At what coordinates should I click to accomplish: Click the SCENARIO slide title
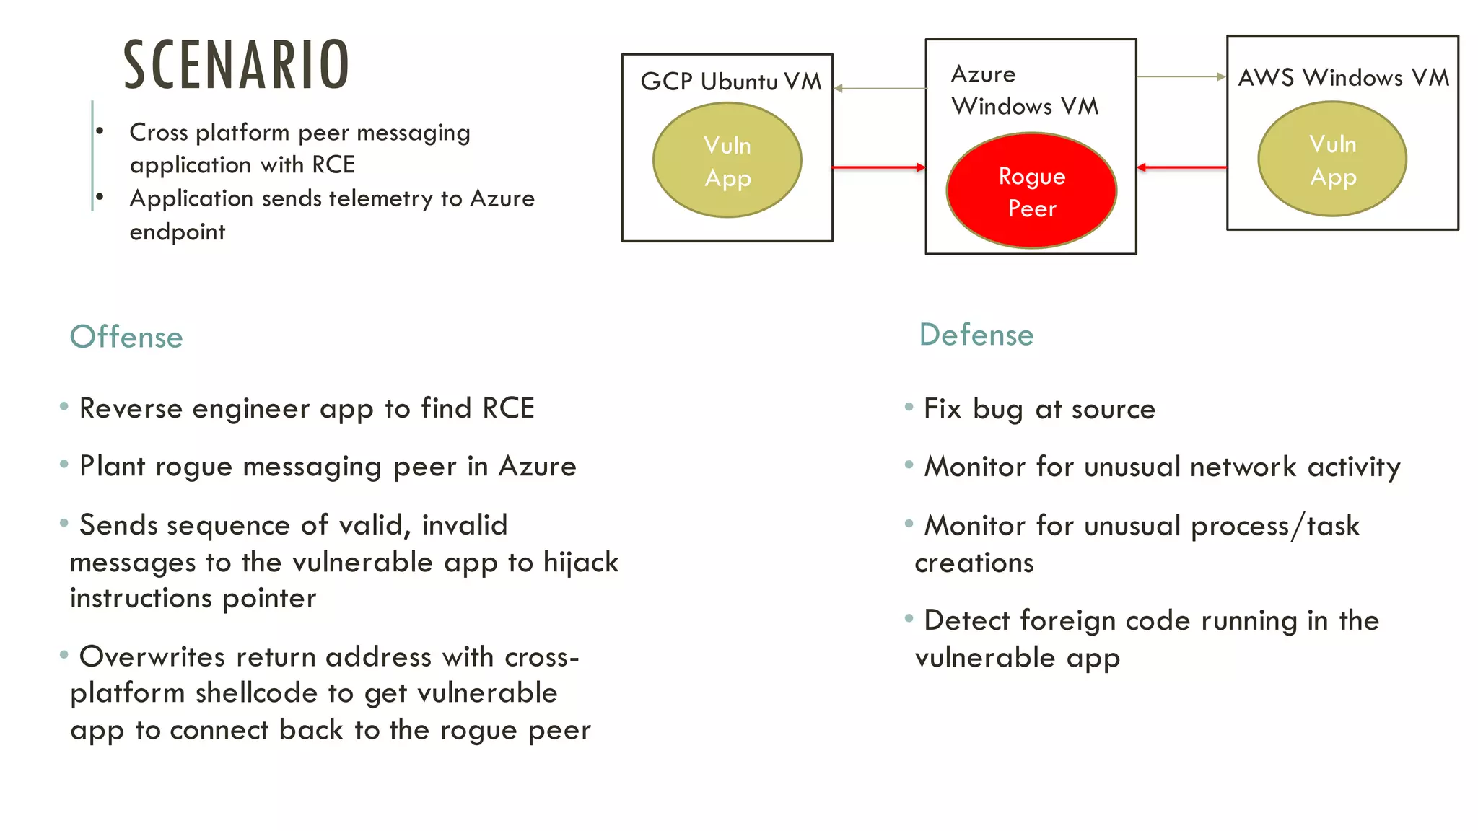(236, 65)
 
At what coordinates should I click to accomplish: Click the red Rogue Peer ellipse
(1031, 191)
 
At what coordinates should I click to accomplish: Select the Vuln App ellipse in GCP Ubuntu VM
(727, 160)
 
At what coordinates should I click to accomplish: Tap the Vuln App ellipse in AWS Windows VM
(1332, 159)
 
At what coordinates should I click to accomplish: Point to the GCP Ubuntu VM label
(730, 82)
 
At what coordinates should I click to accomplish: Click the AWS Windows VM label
(1343, 77)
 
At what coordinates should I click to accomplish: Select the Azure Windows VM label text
(1024, 90)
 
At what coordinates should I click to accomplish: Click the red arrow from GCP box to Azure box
(878, 167)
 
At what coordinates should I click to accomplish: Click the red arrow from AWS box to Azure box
(1181, 167)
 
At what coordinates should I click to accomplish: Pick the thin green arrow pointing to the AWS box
(1181, 76)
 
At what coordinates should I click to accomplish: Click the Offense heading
(126, 337)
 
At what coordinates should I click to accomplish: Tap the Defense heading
(976, 335)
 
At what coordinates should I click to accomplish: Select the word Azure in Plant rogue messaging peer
(537, 467)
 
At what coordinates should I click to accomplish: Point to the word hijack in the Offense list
(580, 563)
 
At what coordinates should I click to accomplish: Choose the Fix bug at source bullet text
(1039, 409)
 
